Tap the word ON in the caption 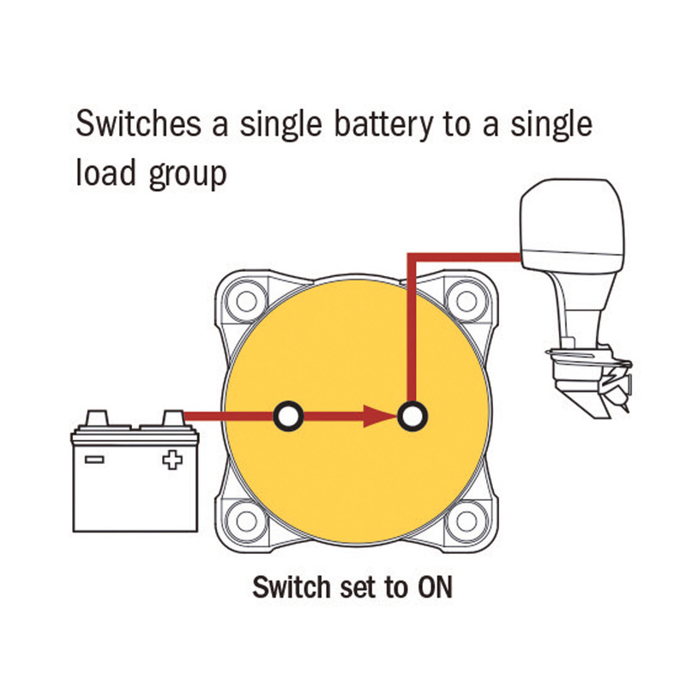[434, 589]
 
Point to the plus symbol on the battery [172, 461]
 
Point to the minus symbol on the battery [96, 460]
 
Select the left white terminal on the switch [289, 417]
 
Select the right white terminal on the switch [413, 417]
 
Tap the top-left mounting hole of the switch [248, 302]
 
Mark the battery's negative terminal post [97, 418]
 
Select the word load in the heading [104, 174]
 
